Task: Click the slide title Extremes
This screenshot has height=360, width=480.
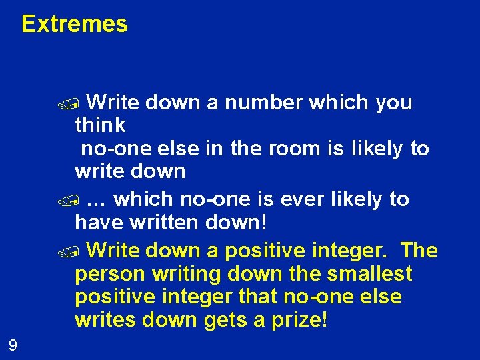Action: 74,24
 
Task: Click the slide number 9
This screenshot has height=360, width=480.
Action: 13,345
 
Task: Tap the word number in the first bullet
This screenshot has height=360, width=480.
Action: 263,103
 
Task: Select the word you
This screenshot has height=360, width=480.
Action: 394,104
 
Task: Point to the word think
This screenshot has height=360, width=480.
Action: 100,125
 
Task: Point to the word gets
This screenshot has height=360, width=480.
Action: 223,321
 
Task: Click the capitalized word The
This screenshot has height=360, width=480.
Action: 419,251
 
